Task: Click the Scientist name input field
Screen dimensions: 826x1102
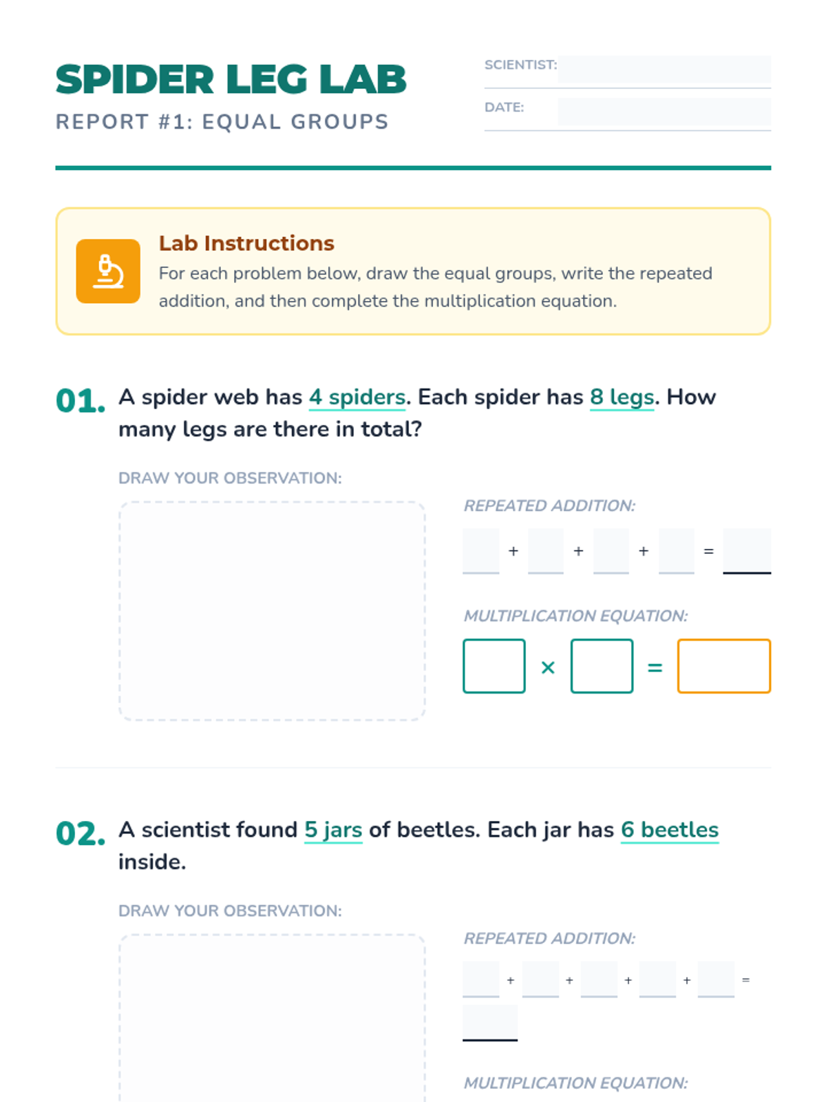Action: [664, 69]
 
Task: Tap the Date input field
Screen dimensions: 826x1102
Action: [664, 111]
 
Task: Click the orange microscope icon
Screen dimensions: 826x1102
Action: [108, 271]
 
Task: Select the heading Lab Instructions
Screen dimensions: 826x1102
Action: [246, 244]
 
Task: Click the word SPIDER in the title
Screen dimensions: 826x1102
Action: [135, 79]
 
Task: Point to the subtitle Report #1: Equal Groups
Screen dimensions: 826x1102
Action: [222, 122]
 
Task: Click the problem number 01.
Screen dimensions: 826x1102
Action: [81, 401]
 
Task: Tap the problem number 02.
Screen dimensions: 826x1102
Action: [81, 834]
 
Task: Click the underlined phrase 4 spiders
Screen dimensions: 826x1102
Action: [357, 397]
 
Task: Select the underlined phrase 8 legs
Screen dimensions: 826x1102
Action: [622, 397]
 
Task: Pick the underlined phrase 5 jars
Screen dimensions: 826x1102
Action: [334, 831]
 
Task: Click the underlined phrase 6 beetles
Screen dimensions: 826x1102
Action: [670, 831]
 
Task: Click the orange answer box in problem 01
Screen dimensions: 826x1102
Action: [723, 666]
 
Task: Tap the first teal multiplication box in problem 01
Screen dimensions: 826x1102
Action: [494, 666]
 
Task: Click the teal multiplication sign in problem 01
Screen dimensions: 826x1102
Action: [548, 667]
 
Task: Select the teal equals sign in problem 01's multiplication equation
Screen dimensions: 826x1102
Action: [655, 667]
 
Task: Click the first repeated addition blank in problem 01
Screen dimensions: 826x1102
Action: [481, 551]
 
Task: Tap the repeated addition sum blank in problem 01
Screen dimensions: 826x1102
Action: [747, 551]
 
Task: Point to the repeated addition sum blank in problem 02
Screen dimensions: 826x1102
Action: [490, 1022]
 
